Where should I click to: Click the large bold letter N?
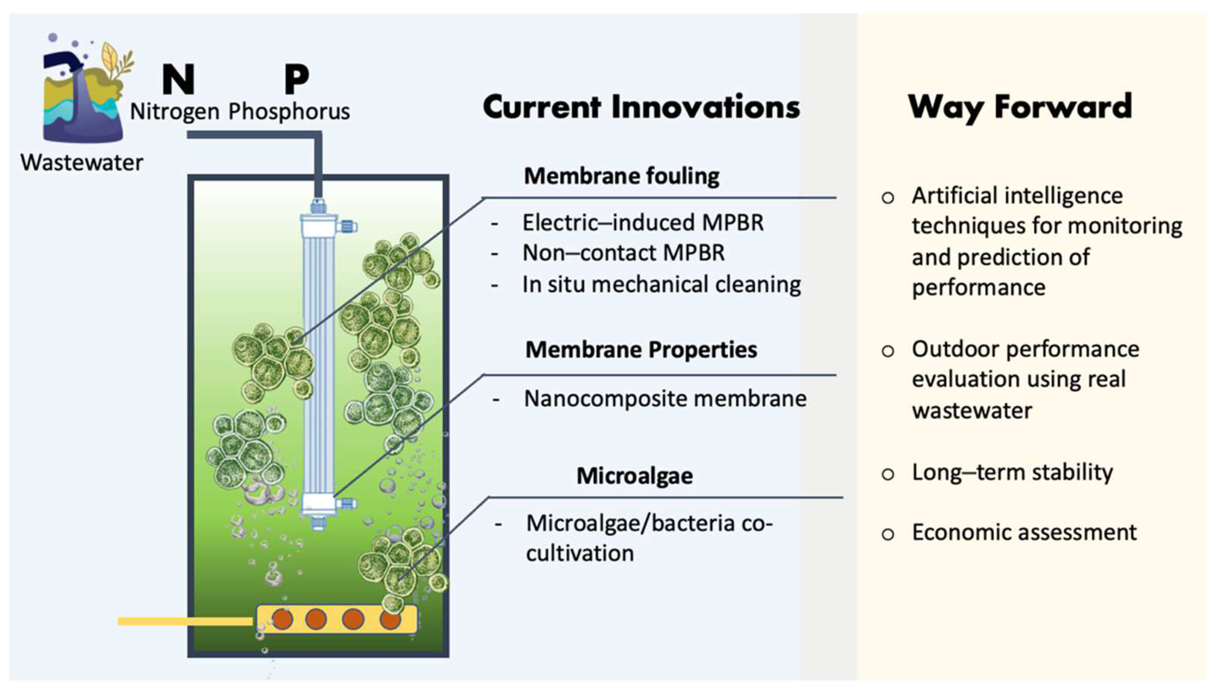(x=178, y=79)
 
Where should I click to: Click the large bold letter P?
(x=297, y=79)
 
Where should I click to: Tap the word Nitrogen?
(x=174, y=112)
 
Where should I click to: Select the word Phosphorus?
(x=289, y=112)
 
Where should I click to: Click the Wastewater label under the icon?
(x=81, y=163)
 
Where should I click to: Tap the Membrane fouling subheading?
(x=621, y=176)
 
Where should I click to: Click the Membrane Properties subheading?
(x=641, y=350)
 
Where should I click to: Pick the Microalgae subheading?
(x=635, y=476)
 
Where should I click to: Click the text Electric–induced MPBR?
(x=642, y=223)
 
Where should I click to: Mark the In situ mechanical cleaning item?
(x=661, y=284)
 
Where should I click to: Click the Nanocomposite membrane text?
(x=665, y=398)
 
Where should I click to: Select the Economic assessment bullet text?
(x=1024, y=532)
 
